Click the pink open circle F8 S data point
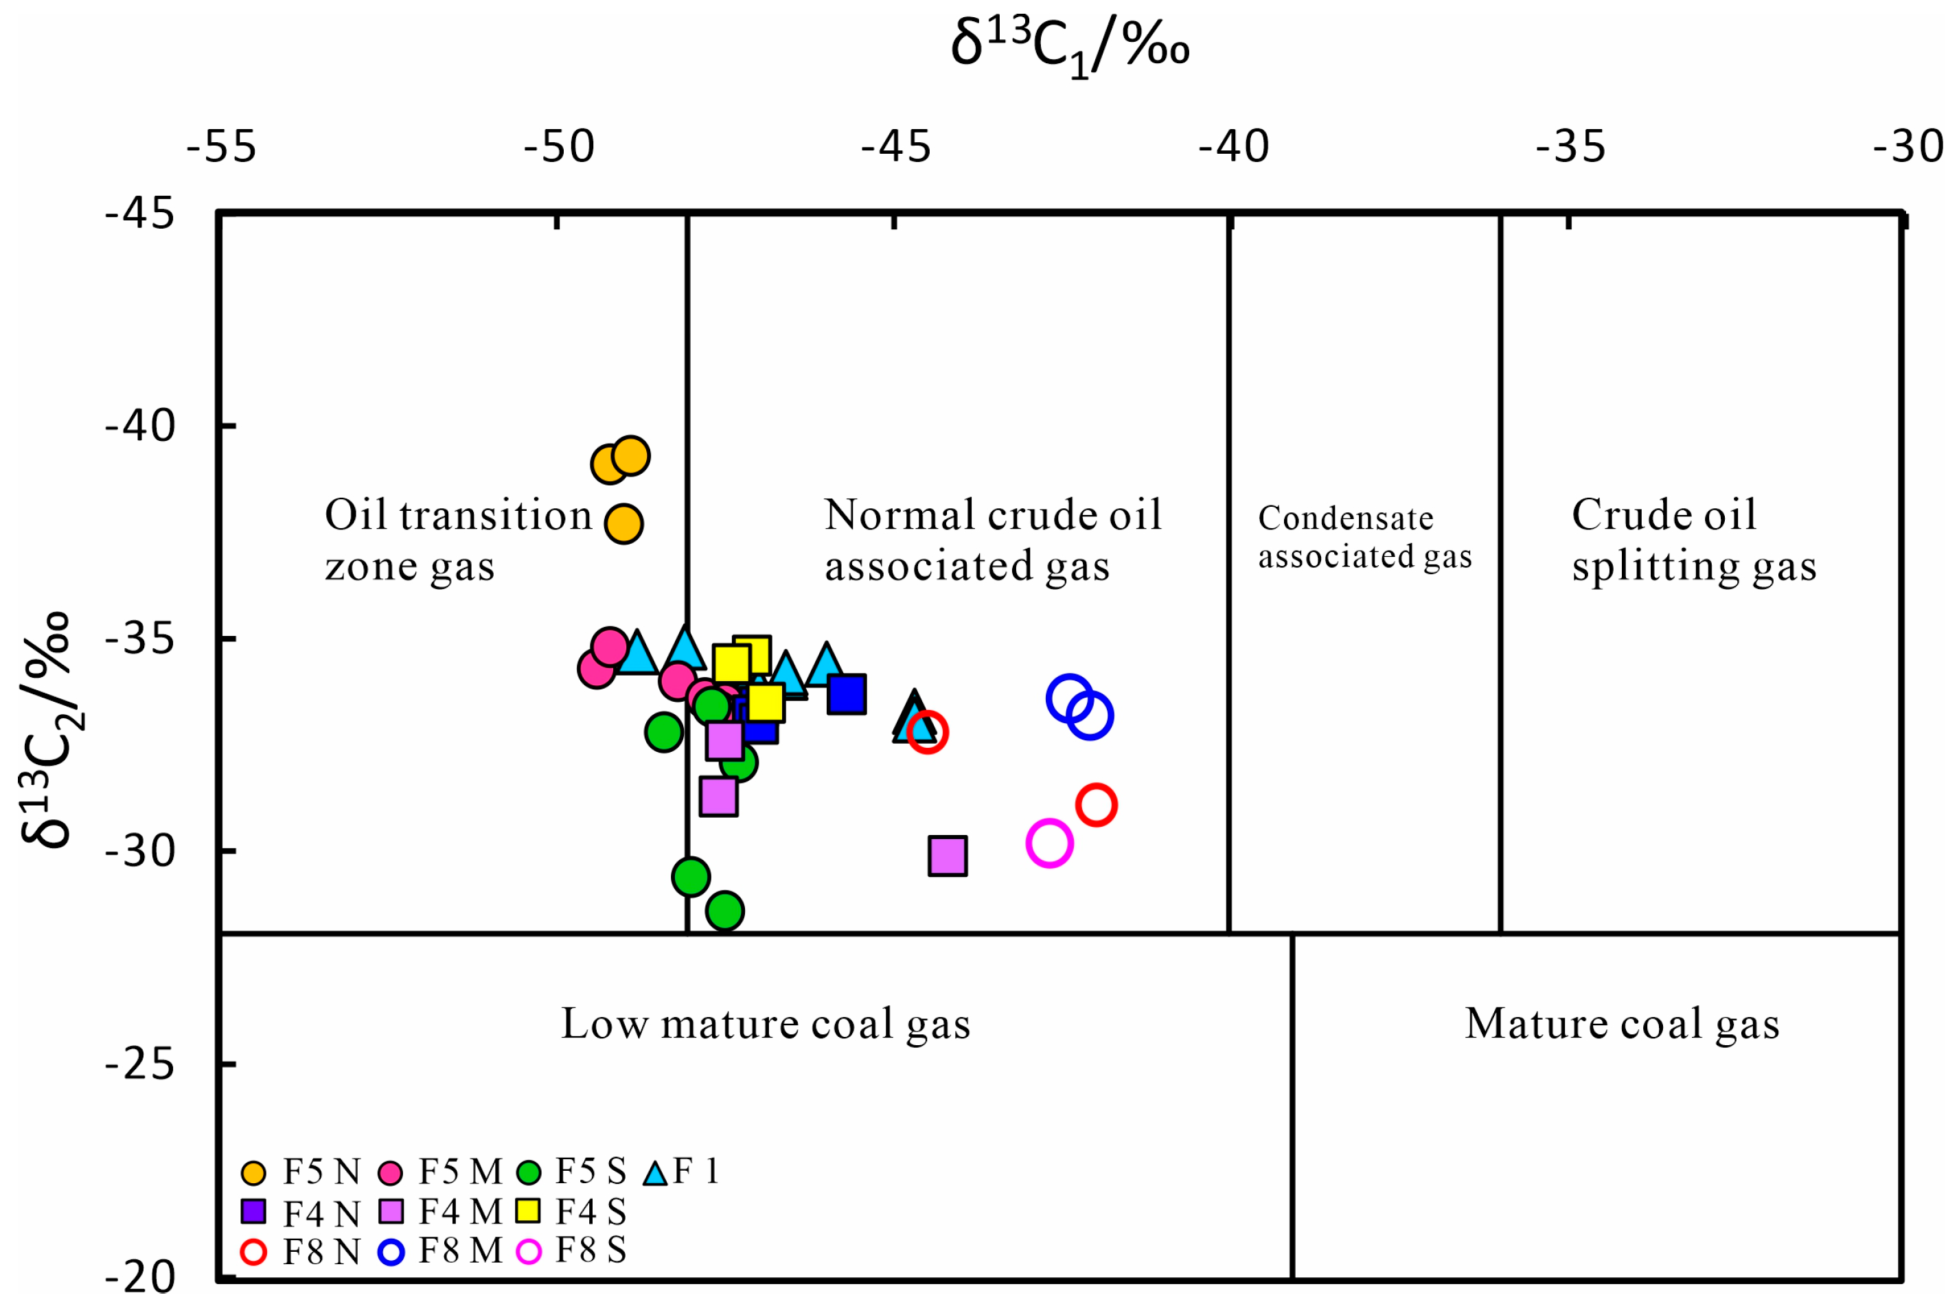(x=1049, y=843)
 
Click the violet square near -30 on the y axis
(x=948, y=856)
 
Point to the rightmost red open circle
(x=1096, y=805)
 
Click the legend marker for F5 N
(x=253, y=1172)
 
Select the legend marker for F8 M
(x=391, y=1252)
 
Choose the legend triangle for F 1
(x=656, y=1172)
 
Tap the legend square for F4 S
(x=528, y=1211)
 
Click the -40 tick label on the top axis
(x=1233, y=147)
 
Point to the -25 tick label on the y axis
(x=139, y=1064)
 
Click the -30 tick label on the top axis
(x=1908, y=147)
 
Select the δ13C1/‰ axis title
(x=1069, y=46)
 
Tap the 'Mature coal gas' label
(x=1622, y=1023)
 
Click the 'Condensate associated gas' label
(x=1364, y=537)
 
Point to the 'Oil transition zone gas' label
(x=459, y=539)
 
